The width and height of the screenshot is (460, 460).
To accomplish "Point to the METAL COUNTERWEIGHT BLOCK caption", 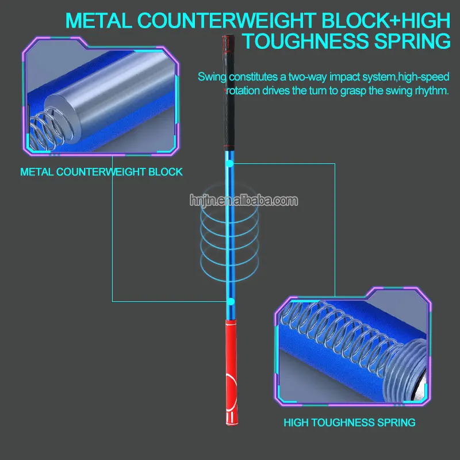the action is click(101, 172).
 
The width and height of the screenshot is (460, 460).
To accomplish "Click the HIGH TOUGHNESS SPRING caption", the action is click(349, 423).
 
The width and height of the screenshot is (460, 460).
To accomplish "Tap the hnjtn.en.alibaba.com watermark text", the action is click(244, 201).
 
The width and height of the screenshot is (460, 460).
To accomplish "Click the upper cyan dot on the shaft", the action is click(229, 164).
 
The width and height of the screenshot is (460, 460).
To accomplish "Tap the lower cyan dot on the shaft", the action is click(231, 301).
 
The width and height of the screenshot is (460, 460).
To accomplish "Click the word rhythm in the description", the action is click(432, 91).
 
